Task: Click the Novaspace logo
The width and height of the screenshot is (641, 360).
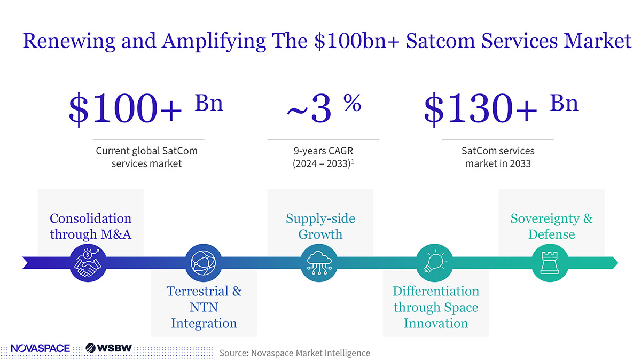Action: click(40, 348)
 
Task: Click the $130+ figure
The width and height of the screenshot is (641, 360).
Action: click(481, 108)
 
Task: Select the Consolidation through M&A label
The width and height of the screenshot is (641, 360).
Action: click(90, 226)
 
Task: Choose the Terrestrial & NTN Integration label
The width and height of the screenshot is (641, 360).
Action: click(204, 307)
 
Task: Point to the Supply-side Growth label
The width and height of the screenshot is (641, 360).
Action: click(320, 226)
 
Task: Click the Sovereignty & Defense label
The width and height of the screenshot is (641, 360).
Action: click(551, 226)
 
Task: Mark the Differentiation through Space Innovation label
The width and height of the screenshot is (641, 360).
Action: click(436, 307)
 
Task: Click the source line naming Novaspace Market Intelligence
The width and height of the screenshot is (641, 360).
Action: click(294, 353)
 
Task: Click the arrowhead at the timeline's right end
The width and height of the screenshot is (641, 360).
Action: click(614, 263)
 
